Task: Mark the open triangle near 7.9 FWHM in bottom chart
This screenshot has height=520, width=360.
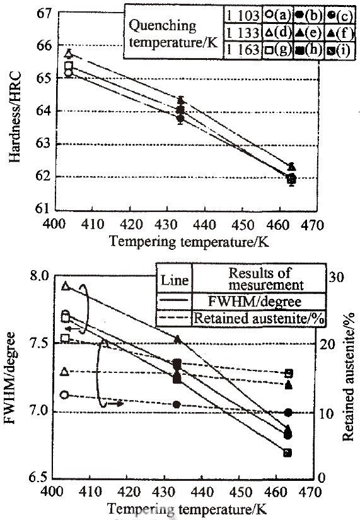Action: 66,286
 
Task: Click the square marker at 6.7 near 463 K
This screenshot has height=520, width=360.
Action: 287,453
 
